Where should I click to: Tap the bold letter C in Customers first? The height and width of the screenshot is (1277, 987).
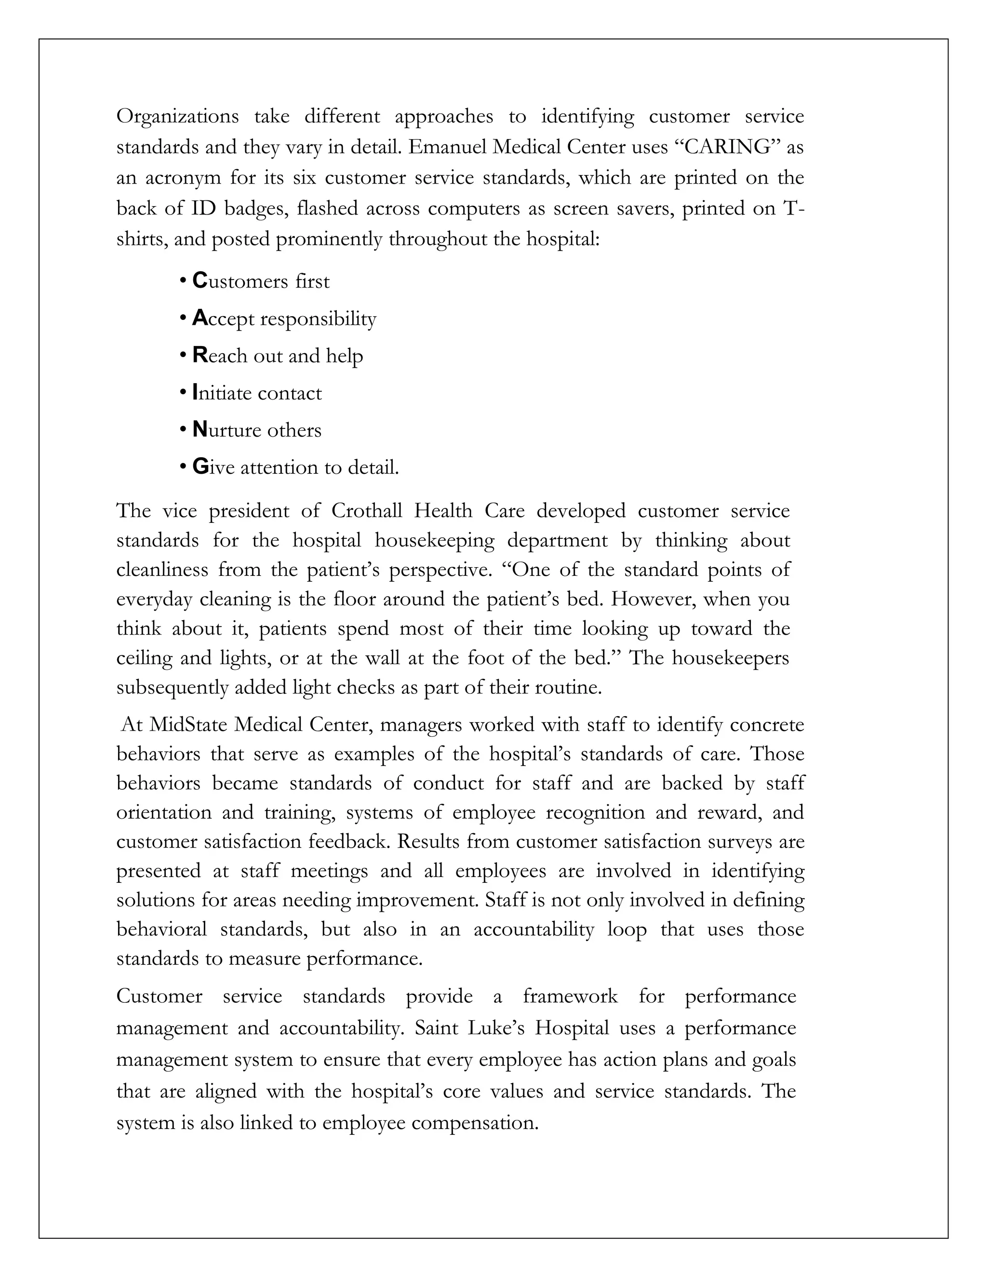(200, 281)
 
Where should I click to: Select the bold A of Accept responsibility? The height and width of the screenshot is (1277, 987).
(200, 319)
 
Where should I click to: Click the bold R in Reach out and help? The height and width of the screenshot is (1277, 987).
(200, 356)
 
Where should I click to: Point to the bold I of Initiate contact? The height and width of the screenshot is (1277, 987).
(195, 393)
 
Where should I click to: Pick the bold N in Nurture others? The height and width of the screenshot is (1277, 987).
(200, 430)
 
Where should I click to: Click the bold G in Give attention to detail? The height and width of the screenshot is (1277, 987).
(200, 467)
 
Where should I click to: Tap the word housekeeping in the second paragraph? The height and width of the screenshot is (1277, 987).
(434, 541)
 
